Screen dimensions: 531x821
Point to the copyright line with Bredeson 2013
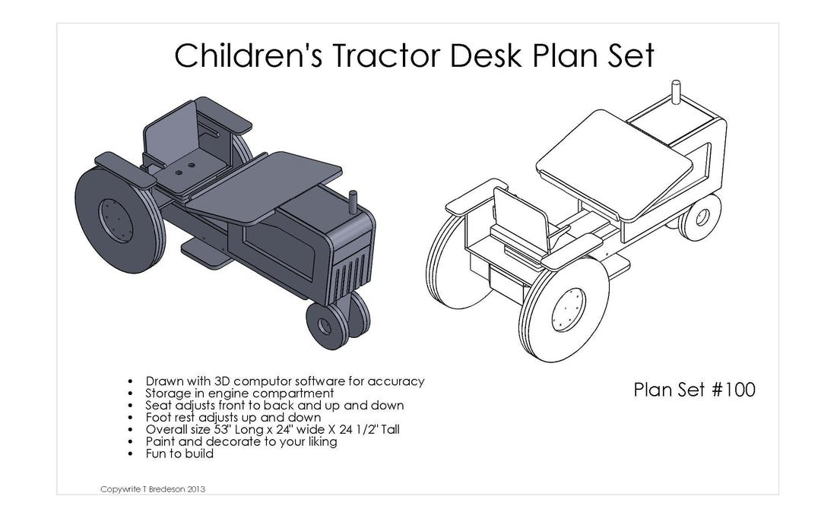point(153,488)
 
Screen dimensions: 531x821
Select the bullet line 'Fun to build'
point(179,454)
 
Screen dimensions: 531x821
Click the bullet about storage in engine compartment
point(239,394)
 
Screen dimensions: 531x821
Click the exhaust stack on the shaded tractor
point(352,204)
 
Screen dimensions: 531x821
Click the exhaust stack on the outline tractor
point(674,93)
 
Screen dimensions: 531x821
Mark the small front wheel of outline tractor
point(699,217)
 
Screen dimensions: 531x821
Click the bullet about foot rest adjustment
point(233,417)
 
